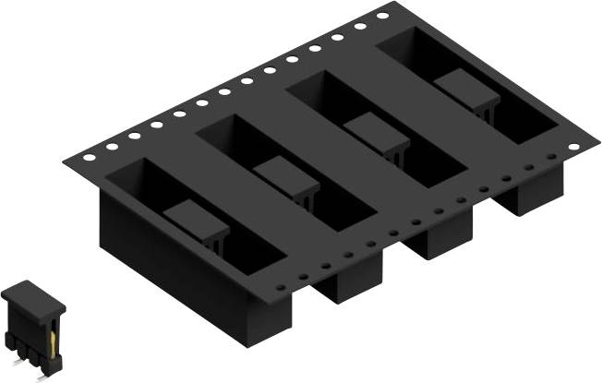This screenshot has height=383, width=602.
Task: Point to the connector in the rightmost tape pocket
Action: coord(467,90)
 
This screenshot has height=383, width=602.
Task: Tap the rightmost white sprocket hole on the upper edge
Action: coord(382,16)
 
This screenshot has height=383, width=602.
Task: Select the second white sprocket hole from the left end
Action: coord(112,146)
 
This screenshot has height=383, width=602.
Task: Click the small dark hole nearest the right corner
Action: coord(552,158)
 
